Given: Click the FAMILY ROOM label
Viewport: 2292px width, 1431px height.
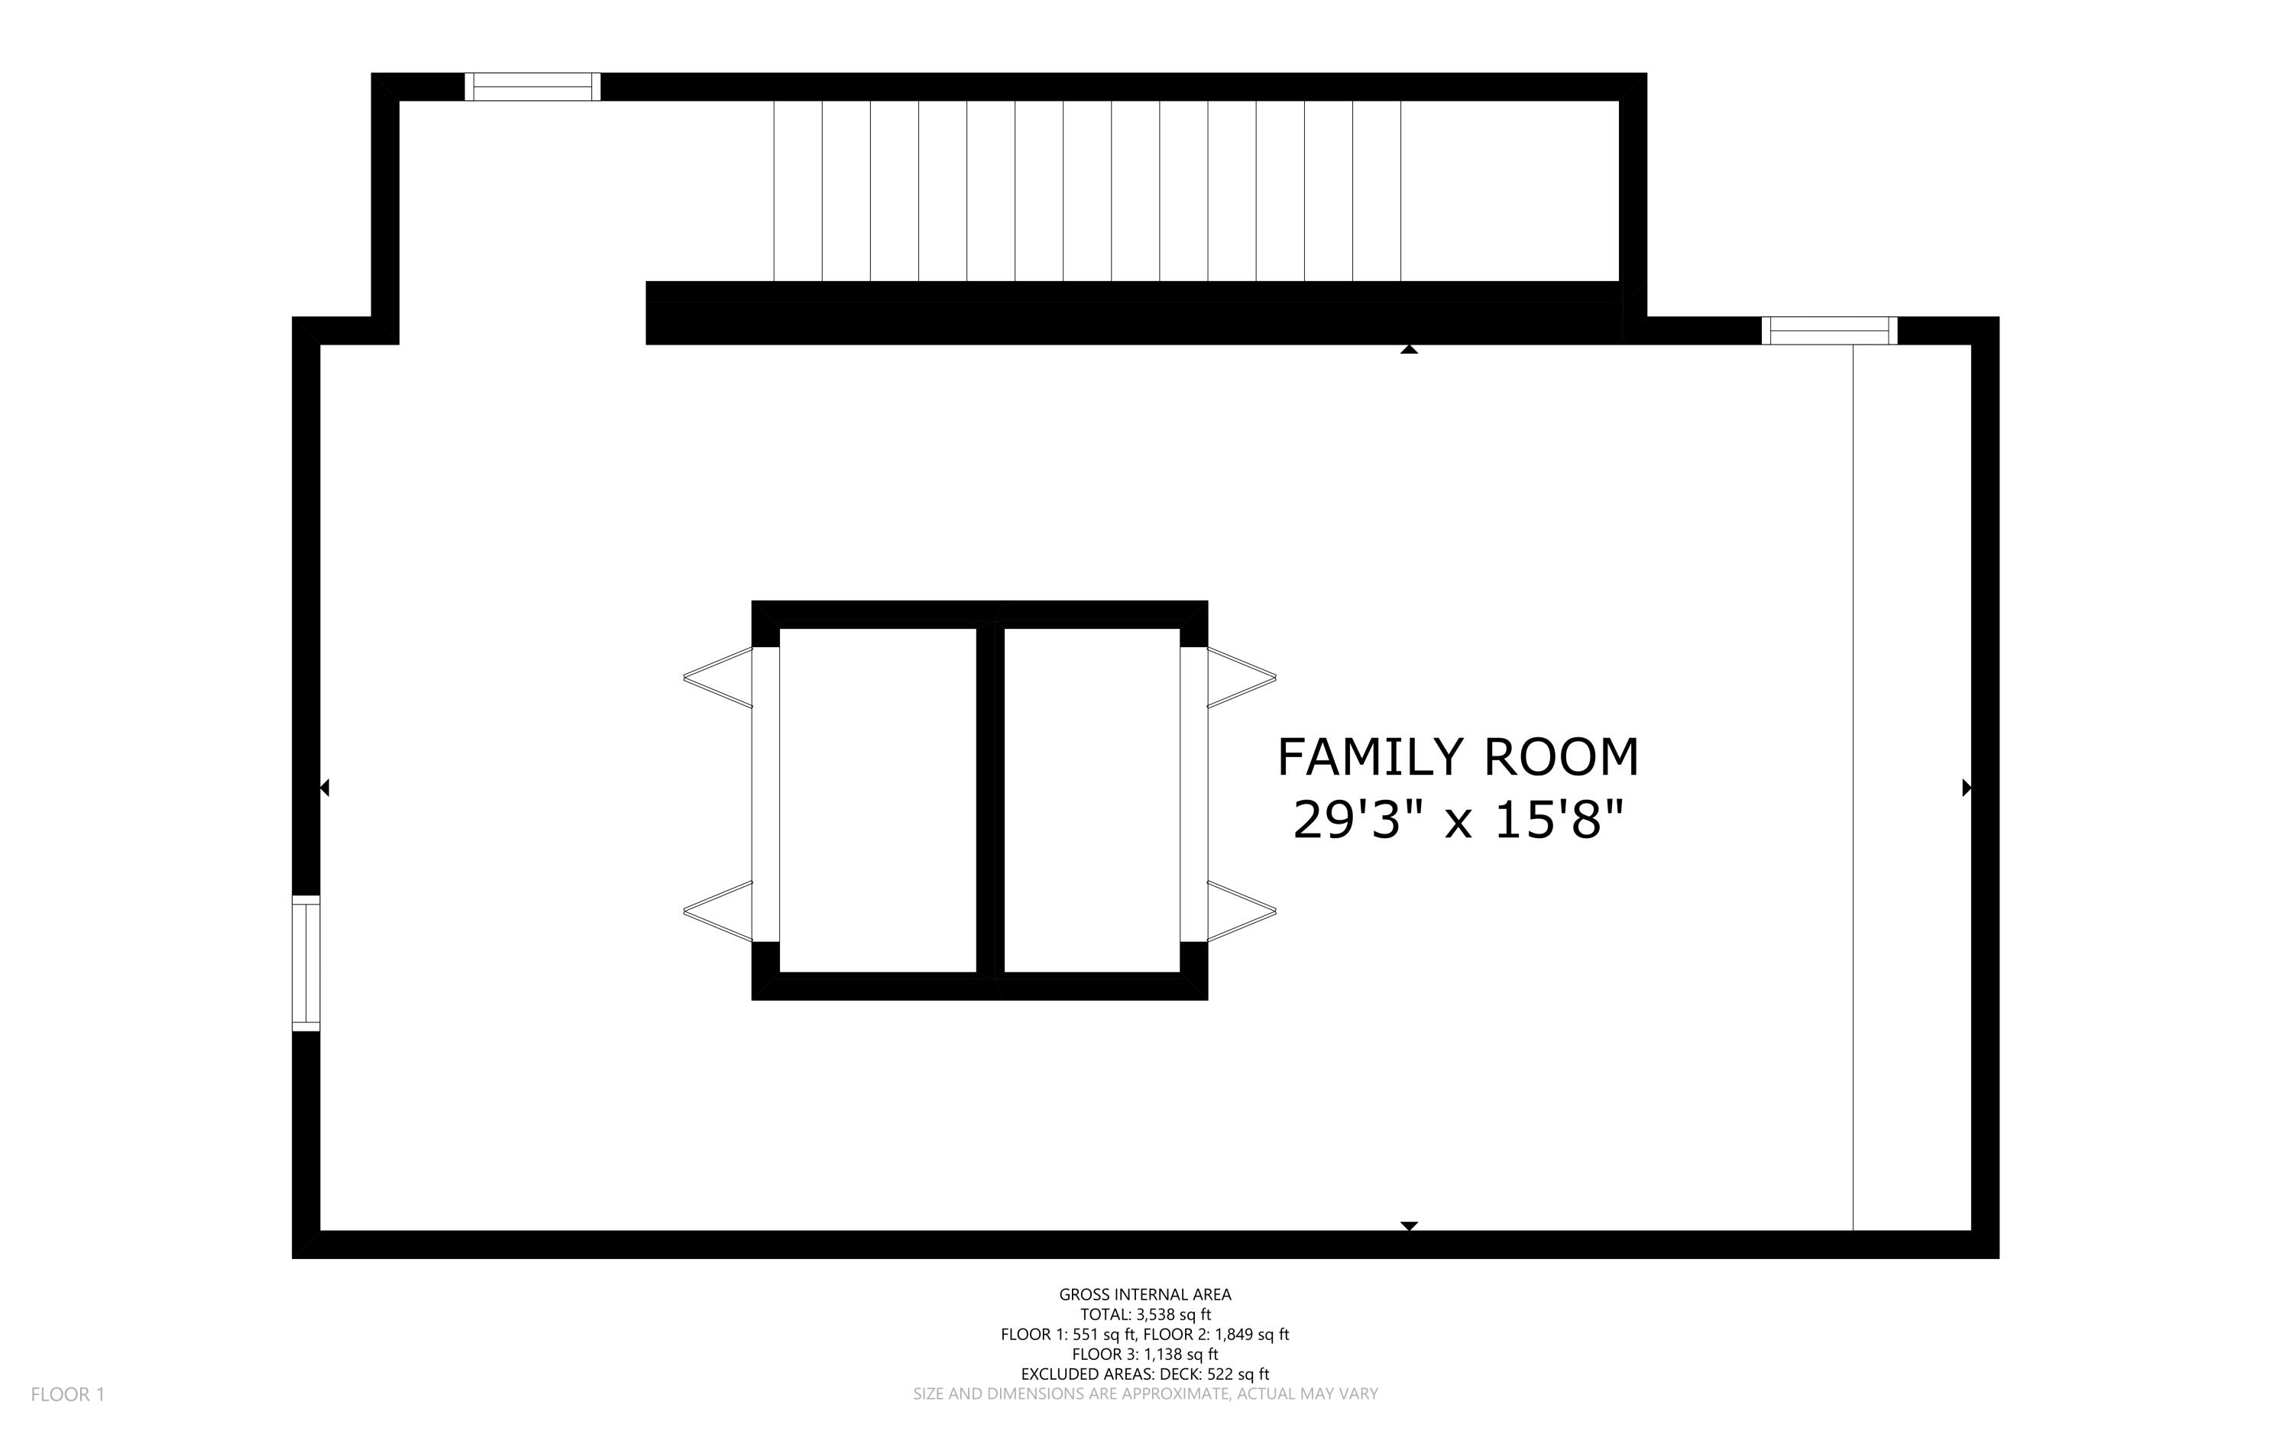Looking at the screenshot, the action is [1458, 756].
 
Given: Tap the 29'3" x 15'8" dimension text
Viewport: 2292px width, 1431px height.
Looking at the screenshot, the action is [1458, 820].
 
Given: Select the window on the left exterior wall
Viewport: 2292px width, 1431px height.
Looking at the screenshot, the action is [306, 963].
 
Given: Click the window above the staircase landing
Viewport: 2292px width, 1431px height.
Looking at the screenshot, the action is [533, 86].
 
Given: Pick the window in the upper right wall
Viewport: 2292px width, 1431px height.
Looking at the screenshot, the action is [1829, 330].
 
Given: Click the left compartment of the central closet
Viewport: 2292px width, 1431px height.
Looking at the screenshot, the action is [877, 800].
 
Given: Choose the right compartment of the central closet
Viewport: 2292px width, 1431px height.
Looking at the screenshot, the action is [1092, 800].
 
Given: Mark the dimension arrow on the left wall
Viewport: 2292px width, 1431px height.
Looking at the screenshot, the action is [325, 788].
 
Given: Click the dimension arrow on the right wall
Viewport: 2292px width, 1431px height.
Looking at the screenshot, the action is [1967, 788].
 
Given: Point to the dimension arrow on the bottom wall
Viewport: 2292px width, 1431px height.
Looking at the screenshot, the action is [1409, 1225].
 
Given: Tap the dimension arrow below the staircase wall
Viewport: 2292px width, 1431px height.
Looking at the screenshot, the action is [1409, 349].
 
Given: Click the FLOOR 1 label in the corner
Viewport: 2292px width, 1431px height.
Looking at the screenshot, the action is [68, 1394].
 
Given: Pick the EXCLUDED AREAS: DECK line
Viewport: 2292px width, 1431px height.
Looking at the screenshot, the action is [1145, 1374].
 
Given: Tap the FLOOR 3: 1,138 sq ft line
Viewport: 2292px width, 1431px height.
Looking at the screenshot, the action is [1145, 1355].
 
